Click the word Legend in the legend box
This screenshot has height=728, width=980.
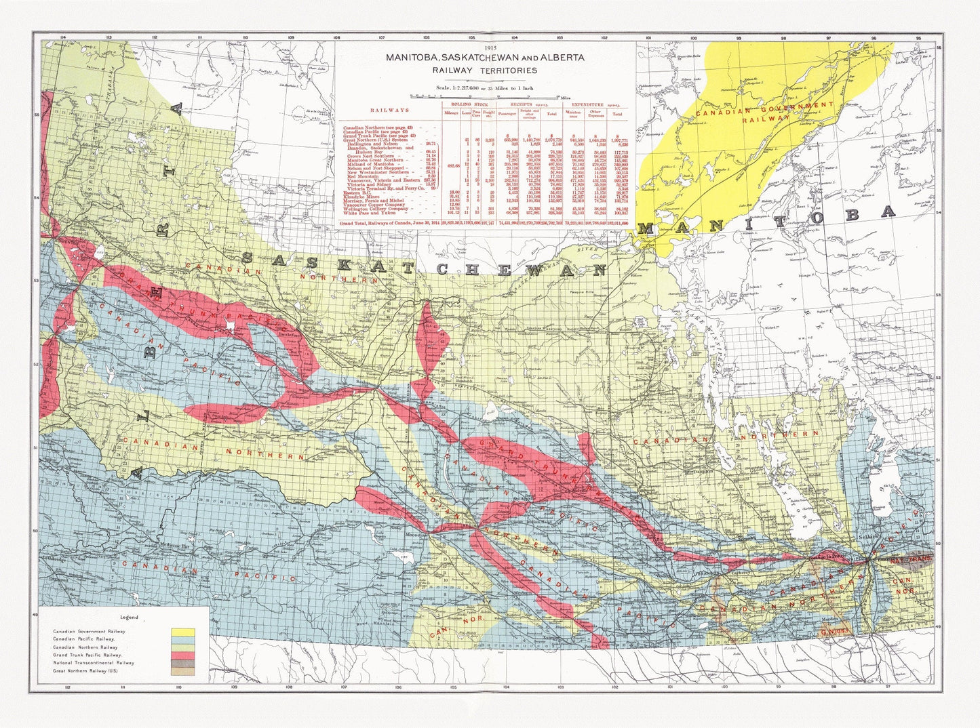coord(129,618)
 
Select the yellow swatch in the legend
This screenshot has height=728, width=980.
coord(183,632)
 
